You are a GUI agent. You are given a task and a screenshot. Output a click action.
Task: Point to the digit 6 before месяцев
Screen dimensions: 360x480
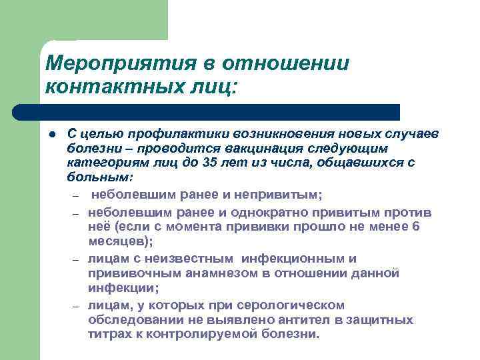click(x=417, y=227)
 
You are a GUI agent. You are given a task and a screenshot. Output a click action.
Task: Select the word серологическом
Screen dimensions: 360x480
click(x=293, y=305)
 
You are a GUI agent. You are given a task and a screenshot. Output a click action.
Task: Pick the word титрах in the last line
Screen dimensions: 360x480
click(x=107, y=334)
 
